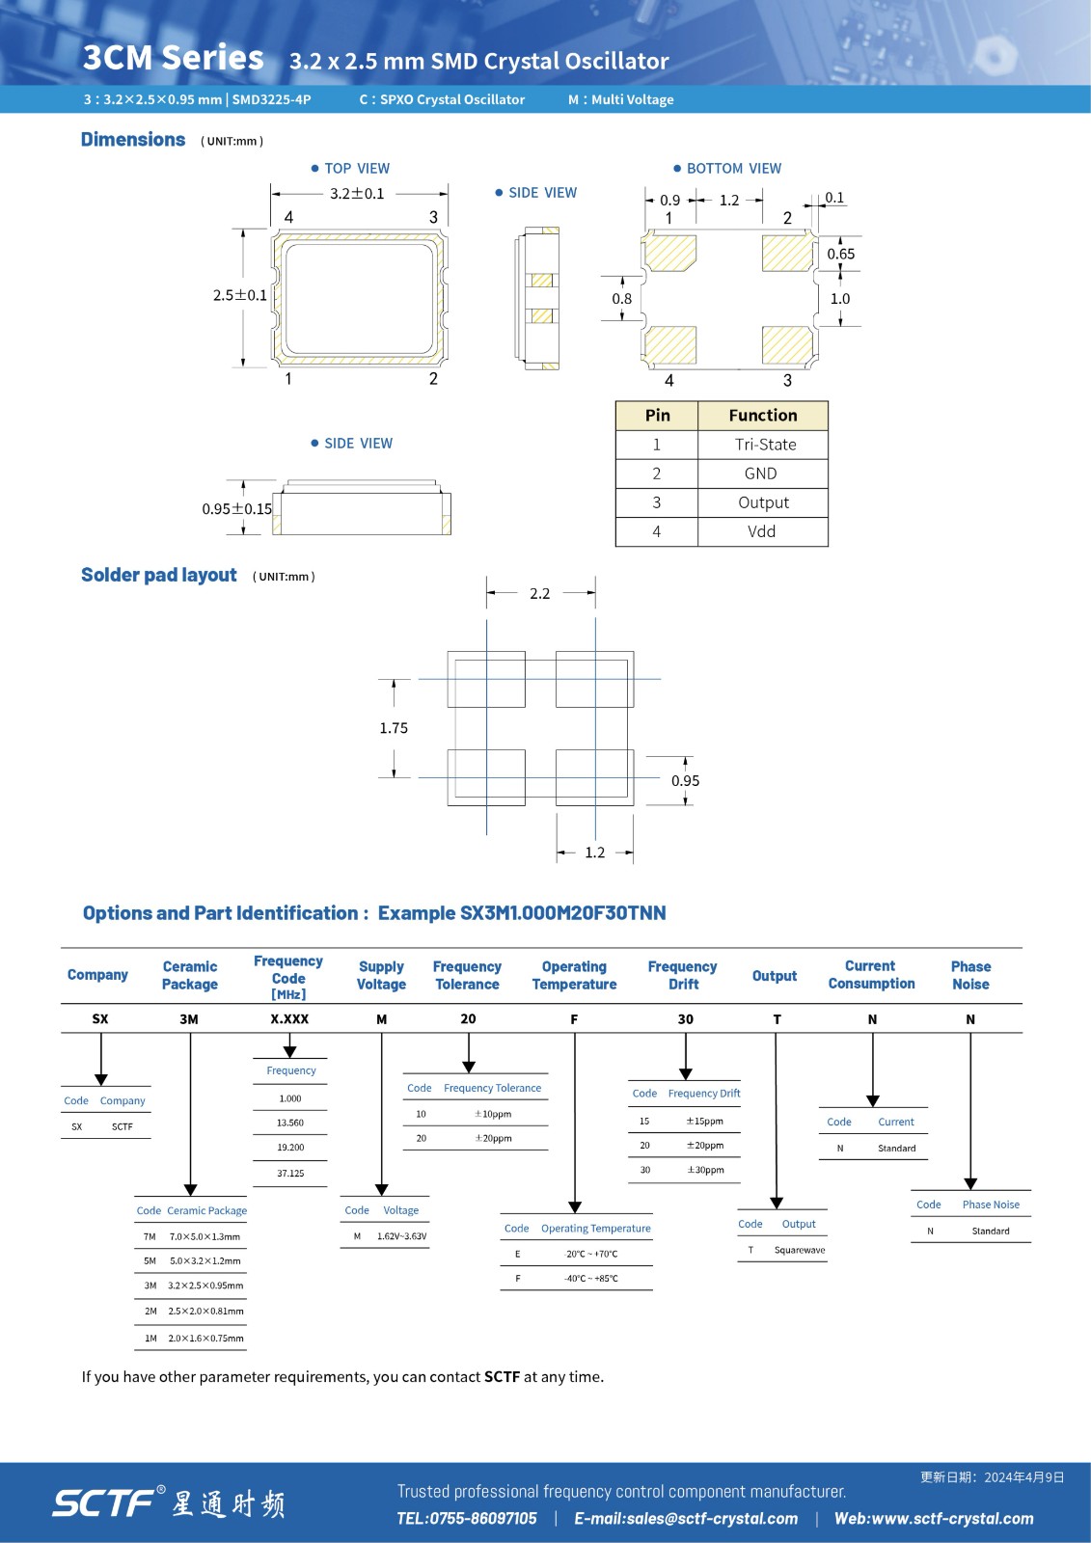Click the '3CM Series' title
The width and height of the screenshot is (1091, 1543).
coord(173,58)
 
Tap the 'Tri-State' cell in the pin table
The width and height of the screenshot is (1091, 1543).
coord(765,445)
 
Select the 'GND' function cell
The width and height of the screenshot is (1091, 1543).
coord(760,474)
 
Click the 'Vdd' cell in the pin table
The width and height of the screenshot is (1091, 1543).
coord(761,531)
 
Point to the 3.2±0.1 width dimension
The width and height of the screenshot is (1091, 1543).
coord(357,194)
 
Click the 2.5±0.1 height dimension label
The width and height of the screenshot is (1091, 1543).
coord(239,295)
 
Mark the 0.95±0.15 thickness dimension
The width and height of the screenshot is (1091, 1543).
coord(236,509)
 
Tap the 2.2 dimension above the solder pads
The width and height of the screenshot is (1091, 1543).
coord(539,594)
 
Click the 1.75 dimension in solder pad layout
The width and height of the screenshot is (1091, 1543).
coord(394,728)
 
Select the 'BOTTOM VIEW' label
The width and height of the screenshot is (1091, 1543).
coord(733,169)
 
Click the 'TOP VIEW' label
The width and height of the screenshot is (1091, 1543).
coord(357,169)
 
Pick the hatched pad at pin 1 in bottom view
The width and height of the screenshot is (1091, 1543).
coord(669,254)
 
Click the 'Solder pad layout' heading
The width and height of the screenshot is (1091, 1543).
coord(159,576)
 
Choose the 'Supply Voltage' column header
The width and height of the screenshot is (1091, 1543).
coord(381,975)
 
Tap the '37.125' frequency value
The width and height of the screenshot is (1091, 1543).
coord(290,1174)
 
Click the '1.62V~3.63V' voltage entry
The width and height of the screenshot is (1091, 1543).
coord(401,1236)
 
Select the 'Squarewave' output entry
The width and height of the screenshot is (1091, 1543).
coord(800,1250)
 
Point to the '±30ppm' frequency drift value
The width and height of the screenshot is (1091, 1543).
coord(705,1170)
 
